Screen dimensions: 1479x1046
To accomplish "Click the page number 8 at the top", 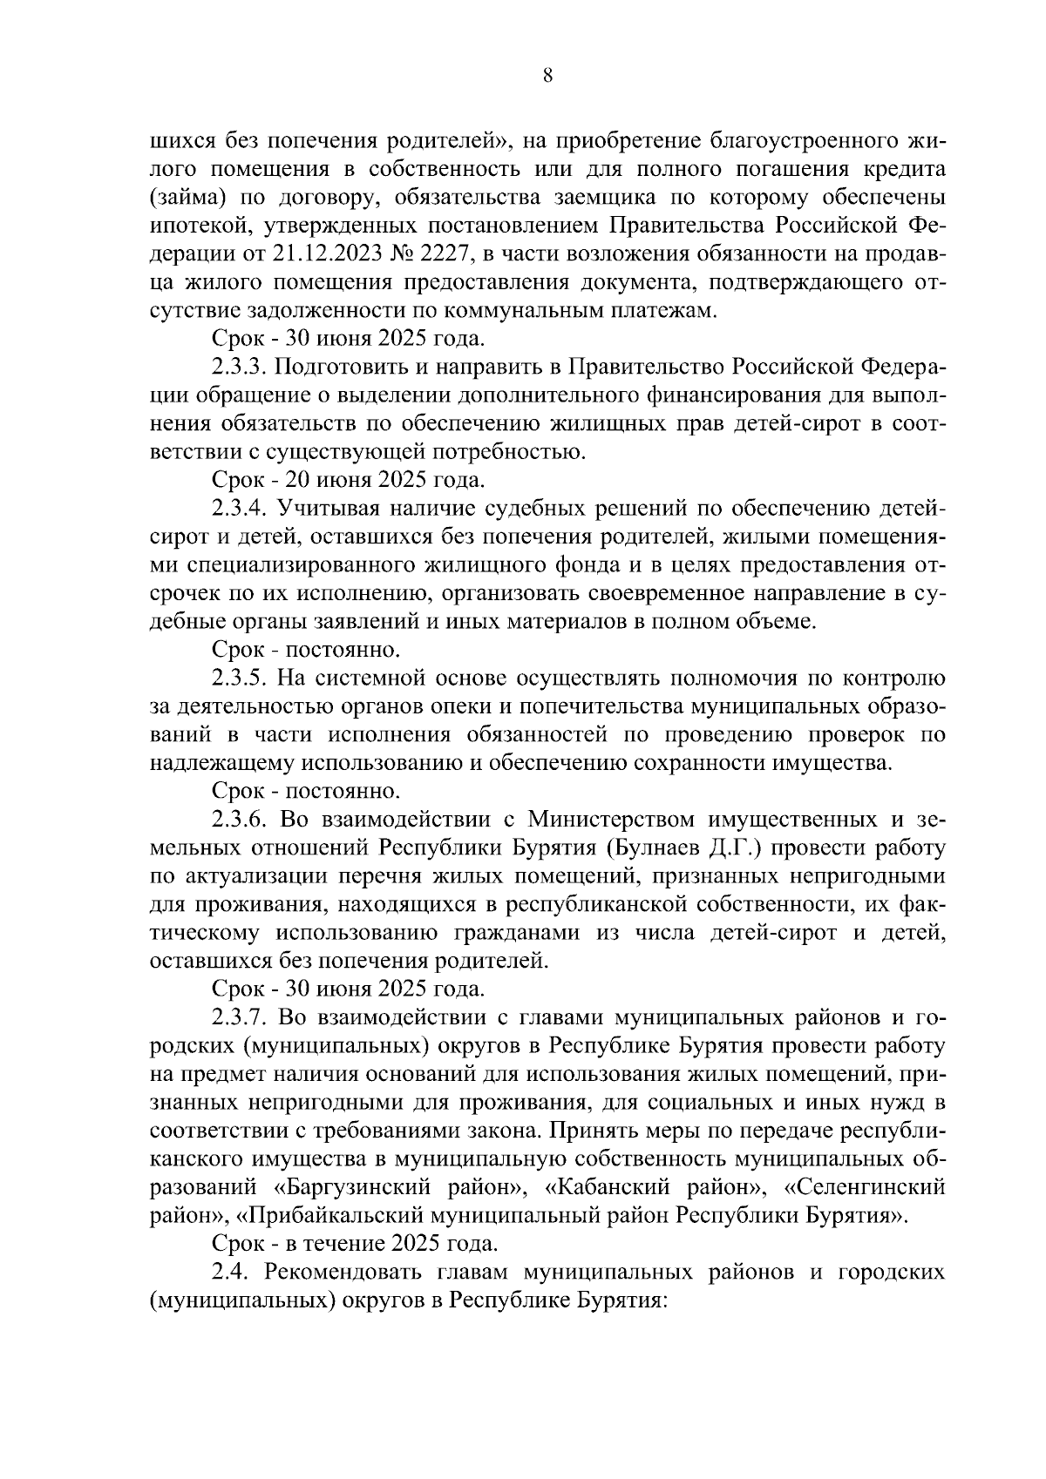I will click(547, 75).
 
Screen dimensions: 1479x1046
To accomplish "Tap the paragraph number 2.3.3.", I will click(238, 367).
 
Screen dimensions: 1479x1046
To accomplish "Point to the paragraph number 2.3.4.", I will click(238, 508).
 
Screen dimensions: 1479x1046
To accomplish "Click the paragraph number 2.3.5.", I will click(238, 678).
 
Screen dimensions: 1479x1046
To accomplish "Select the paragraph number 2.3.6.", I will click(238, 820).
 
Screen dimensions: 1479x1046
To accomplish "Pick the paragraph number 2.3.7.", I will click(238, 1017).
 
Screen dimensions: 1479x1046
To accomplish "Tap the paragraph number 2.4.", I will click(231, 1272).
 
